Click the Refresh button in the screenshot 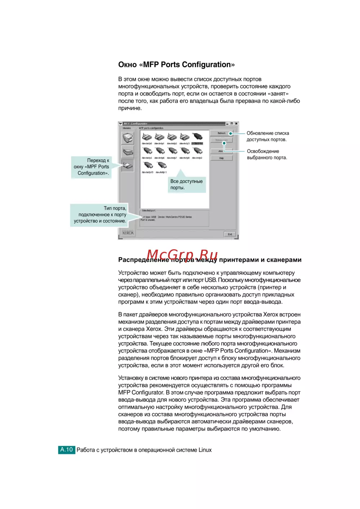[x=221, y=133]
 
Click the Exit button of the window [x=230, y=234]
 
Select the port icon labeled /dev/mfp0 [x=147, y=137]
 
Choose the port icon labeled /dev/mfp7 [x=172, y=151]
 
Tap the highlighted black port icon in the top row [x=197, y=137]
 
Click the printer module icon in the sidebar [x=127, y=137]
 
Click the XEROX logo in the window [x=128, y=233]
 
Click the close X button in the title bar [x=236, y=124]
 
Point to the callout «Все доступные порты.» [x=186, y=185]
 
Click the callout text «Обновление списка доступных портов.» [x=267, y=136]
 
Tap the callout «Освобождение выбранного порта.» [x=267, y=154]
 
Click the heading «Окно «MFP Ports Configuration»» [x=176, y=65]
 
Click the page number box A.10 [x=67, y=450]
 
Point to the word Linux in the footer [x=205, y=450]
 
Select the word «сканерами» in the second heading [x=284, y=260]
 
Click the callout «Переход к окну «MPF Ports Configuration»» [x=91, y=167]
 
